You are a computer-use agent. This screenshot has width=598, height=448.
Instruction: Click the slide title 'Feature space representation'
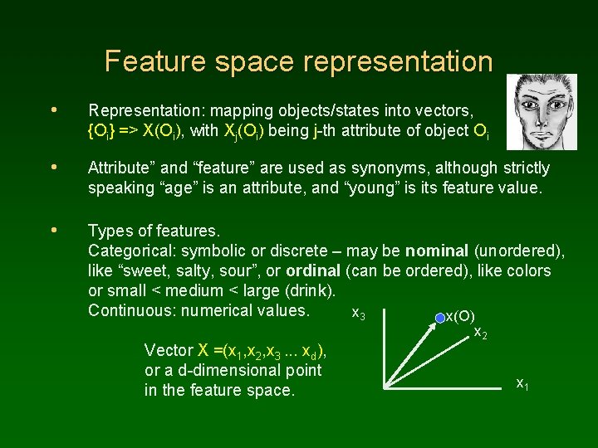coord(298,61)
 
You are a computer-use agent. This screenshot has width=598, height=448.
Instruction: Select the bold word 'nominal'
coord(436,251)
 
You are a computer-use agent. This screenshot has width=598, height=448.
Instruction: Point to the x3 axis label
coord(359,314)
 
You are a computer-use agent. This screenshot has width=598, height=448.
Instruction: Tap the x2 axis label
coord(479,333)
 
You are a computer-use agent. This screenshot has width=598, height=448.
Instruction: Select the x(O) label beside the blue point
coord(461,316)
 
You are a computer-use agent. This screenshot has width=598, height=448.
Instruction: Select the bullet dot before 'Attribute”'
coord(54,167)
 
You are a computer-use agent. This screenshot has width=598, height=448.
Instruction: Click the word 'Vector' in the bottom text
coord(168,350)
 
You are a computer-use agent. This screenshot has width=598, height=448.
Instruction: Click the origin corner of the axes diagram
coord(385,387)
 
